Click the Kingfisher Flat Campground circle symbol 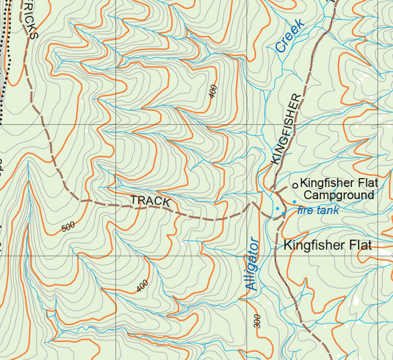(295, 185)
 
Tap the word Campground (338, 195)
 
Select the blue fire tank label (318, 210)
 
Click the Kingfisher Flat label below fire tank (327, 245)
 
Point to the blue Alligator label (252, 264)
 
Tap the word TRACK (150, 200)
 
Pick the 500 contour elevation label (68, 227)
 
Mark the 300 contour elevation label (257, 322)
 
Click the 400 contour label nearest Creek (213, 92)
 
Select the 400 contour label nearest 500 (142, 286)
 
